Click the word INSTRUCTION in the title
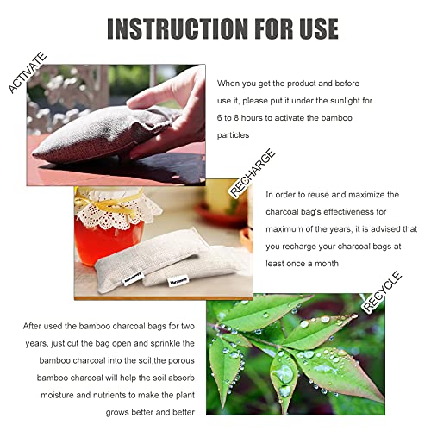(x=172, y=28)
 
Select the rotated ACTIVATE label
(x=27, y=72)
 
